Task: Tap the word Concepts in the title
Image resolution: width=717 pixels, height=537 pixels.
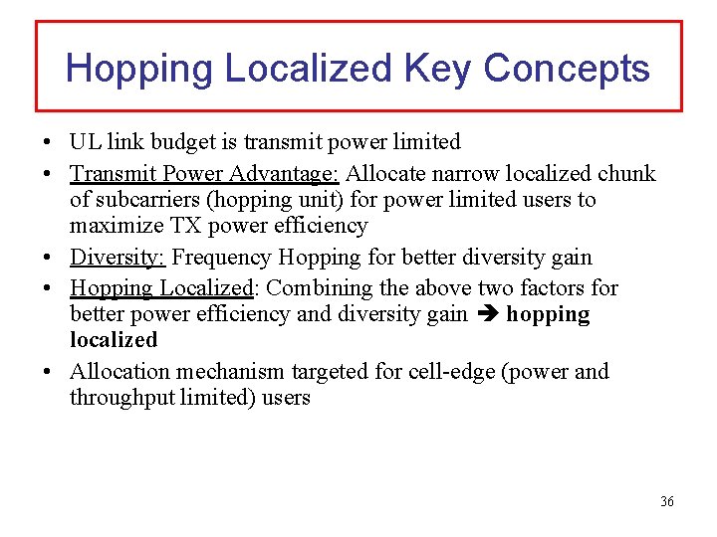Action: (567, 69)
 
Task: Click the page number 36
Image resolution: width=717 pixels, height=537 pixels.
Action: (666, 501)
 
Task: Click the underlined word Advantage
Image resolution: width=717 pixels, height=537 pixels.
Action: (284, 174)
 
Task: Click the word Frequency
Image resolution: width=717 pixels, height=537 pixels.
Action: (223, 258)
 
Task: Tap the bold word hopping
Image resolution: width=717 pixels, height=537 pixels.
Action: (548, 315)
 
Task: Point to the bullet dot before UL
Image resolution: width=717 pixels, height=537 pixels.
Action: (48, 142)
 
